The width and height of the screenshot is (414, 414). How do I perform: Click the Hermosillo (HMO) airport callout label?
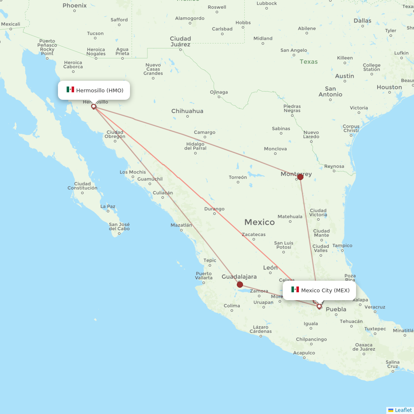pyautogui.click(x=94, y=90)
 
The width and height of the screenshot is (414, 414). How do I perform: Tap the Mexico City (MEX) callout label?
pyautogui.click(x=320, y=290)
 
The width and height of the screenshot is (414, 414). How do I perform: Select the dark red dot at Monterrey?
pyautogui.click(x=300, y=177)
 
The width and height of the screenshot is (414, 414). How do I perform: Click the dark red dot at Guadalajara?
pyautogui.click(x=240, y=284)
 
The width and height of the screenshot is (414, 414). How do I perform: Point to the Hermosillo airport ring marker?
pyautogui.click(x=94, y=106)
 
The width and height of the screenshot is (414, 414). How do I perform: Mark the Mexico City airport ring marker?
pyautogui.click(x=319, y=306)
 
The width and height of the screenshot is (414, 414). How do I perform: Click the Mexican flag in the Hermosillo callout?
pyautogui.click(x=70, y=90)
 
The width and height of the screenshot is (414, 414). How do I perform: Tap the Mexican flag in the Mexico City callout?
pyautogui.click(x=295, y=290)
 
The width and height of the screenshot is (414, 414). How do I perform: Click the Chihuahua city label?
pyautogui.click(x=187, y=111)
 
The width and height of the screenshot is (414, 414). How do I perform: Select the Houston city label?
pyautogui.click(x=389, y=87)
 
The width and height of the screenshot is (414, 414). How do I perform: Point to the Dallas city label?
pyautogui.click(x=362, y=21)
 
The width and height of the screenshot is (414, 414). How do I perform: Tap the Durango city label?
pyautogui.click(x=214, y=209)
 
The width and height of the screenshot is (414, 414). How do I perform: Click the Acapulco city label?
pyautogui.click(x=304, y=353)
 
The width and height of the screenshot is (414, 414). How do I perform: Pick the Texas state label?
pyautogui.click(x=308, y=62)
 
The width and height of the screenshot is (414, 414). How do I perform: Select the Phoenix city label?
pyautogui.click(x=75, y=6)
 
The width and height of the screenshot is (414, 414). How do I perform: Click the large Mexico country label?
pyautogui.click(x=259, y=222)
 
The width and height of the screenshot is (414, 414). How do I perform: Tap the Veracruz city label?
pyautogui.click(x=375, y=307)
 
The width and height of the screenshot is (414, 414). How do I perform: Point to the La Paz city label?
pyautogui.click(x=108, y=206)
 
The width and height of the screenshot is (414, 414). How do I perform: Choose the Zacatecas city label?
pyautogui.click(x=254, y=234)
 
